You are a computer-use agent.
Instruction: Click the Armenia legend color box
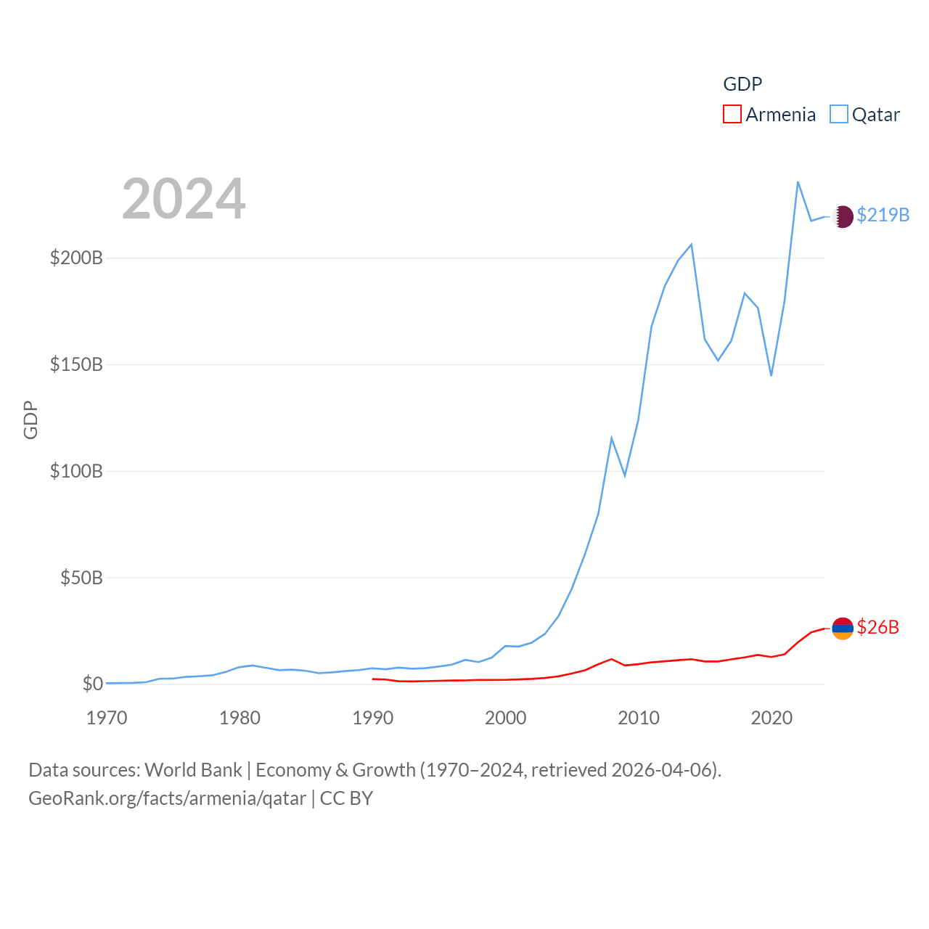732,115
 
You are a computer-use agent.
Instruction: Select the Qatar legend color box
838,115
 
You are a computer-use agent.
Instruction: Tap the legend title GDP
742,84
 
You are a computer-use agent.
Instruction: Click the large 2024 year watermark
184,199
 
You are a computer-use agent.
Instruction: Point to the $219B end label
883,216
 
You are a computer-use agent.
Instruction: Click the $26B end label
877,627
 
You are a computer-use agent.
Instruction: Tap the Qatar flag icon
843,216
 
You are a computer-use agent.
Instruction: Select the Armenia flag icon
843,629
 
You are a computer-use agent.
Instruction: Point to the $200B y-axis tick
76,258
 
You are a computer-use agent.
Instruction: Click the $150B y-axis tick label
76,364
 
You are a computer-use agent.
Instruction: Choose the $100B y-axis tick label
76,471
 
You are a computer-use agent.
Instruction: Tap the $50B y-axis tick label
81,578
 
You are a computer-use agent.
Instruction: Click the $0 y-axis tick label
92,684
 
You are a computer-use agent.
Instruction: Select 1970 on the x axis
107,718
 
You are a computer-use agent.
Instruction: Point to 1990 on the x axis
372,718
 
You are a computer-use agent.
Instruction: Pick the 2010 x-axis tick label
639,718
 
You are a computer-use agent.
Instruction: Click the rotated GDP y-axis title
30,420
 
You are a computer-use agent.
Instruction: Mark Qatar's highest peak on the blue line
798,181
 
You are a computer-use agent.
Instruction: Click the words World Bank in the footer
193,769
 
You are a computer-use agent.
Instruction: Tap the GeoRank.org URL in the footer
167,798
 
